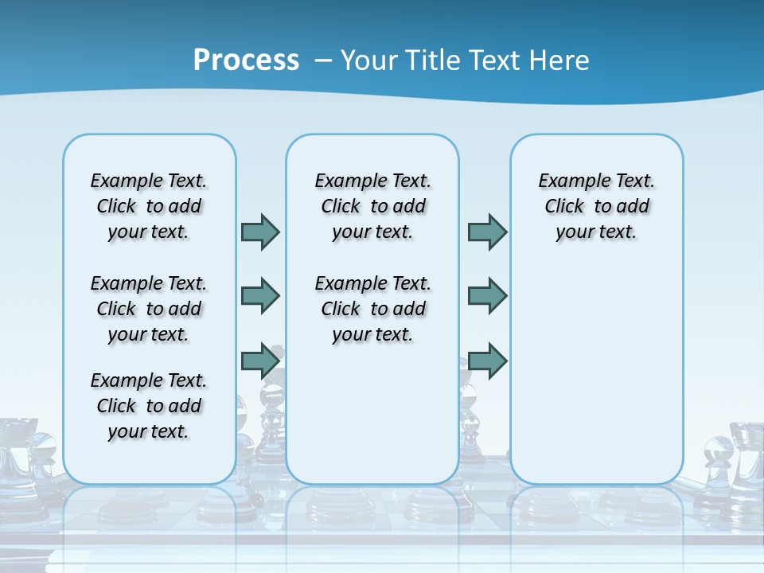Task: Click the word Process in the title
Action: (246, 60)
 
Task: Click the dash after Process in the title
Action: (322, 60)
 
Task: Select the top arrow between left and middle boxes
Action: (260, 232)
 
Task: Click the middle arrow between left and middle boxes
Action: (260, 296)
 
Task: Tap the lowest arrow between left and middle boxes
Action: (260, 361)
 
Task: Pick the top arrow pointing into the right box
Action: (487, 232)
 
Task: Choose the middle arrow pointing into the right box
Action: (487, 296)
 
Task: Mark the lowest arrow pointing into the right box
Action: (487, 361)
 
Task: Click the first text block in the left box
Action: (149, 206)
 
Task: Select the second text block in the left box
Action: (149, 309)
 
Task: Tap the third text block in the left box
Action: (149, 406)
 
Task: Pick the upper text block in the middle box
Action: (372, 206)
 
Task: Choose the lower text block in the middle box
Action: (372, 309)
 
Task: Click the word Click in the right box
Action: (564, 206)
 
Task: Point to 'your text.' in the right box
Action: (596, 232)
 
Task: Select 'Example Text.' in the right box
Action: (596, 181)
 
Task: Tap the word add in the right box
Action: (633, 206)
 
